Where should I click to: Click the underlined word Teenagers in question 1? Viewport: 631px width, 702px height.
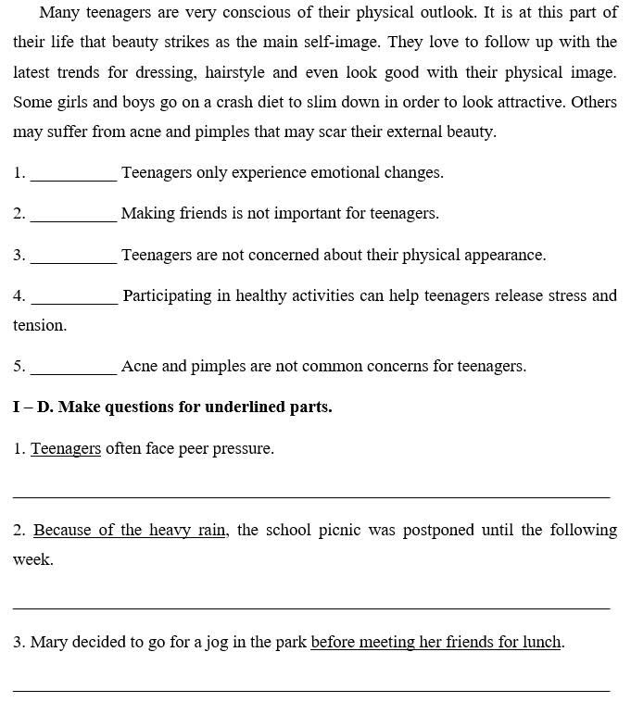coord(66,449)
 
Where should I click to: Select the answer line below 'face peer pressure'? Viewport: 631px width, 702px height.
coord(311,497)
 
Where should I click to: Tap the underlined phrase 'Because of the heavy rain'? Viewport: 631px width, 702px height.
coord(130,531)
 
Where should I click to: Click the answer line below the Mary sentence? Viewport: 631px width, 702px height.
coord(311,690)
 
